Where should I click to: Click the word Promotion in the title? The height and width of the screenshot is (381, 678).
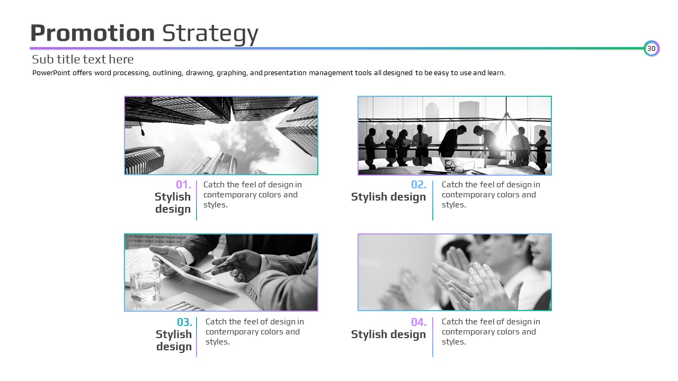tap(93, 33)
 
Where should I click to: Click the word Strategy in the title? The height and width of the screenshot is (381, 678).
tap(210, 34)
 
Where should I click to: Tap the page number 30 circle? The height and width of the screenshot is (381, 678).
tap(652, 48)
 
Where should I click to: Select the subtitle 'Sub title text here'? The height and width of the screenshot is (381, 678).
tap(83, 59)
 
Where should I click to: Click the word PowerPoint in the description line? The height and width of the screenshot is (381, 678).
tap(51, 73)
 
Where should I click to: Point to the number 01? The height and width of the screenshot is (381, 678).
tap(183, 185)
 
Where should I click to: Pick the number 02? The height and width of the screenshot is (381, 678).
tap(418, 185)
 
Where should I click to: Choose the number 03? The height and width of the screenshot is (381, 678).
tap(185, 322)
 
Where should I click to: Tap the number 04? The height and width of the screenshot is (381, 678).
tap(418, 322)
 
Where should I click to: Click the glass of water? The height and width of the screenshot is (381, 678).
tap(145, 282)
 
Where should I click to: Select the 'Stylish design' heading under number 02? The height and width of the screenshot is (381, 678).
tap(388, 197)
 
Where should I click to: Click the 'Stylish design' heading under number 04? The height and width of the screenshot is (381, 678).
tap(388, 334)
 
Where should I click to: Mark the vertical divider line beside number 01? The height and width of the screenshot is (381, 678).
tap(197, 201)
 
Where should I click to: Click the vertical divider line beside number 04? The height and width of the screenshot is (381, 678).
tap(433, 337)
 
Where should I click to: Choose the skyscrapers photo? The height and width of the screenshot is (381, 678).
tap(221, 135)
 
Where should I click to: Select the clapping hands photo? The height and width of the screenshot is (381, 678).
tap(454, 272)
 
